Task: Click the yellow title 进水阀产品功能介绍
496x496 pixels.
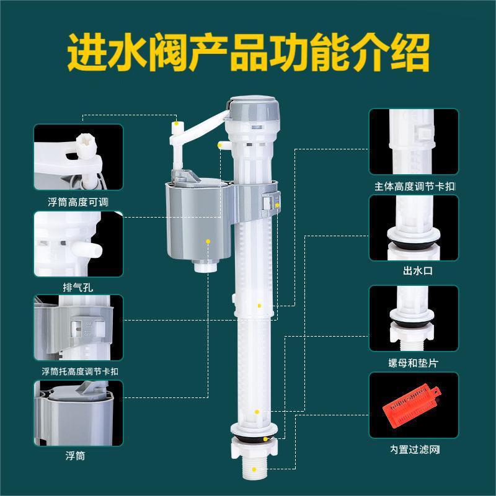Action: [249, 52]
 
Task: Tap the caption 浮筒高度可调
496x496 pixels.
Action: [78, 202]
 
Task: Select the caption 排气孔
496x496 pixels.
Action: [78, 288]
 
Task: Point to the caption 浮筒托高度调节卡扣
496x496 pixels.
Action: [80, 371]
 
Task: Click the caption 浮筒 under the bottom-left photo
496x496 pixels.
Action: [75, 456]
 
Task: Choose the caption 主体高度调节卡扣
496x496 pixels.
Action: [415, 187]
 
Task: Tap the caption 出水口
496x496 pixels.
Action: [418, 271]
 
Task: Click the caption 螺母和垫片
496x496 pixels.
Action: [414, 363]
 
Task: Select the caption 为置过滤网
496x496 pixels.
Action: [415, 449]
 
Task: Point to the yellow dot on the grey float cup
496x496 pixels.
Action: [208, 241]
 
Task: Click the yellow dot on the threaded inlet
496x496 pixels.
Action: [254, 470]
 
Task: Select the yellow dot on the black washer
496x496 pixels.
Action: [265, 439]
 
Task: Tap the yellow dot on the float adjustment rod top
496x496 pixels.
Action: [177, 123]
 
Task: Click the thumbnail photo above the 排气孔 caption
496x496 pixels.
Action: [78, 244]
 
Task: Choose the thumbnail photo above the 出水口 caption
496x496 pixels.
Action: [414, 228]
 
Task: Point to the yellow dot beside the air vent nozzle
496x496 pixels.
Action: [219, 145]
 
